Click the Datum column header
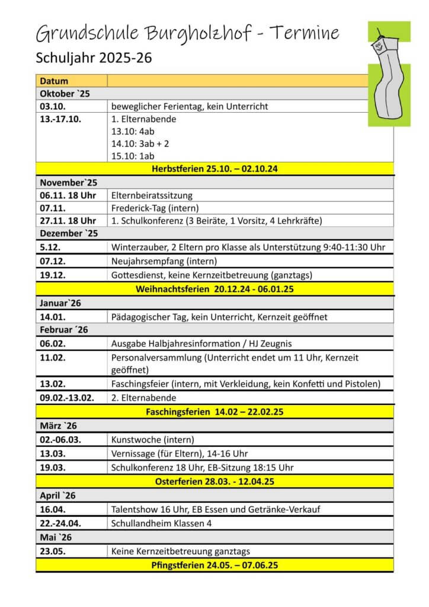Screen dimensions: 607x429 pos(54,81)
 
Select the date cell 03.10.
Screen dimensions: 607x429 pos(53,107)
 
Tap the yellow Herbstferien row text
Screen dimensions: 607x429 pos(214,169)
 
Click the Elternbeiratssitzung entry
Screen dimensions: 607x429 pos(152,195)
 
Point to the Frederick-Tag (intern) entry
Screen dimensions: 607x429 pos(155,208)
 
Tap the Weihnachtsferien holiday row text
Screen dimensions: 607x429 pos(214,290)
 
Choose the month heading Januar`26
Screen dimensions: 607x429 pos(60,303)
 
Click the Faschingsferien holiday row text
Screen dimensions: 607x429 pos(214,411)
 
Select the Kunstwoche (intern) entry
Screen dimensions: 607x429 pos(152,440)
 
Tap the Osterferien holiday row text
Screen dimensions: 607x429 pos(214,481)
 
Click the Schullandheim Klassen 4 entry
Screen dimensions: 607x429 pos(161,523)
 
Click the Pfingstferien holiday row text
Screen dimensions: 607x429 pos(214,566)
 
